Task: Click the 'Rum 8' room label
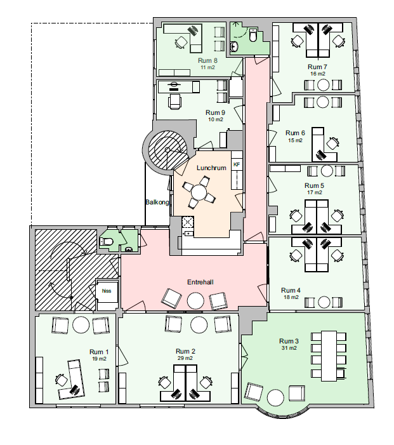coord(207,61)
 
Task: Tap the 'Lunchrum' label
coord(211,168)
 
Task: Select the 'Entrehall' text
coord(200,282)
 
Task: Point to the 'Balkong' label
coord(157,203)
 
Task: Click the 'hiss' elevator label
coord(107,291)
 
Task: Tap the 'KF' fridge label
coord(237,164)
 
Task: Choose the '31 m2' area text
coord(289,348)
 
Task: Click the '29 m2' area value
coord(185,358)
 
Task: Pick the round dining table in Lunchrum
coord(199,193)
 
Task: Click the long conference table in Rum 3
coord(329,356)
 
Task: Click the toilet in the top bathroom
coord(253,35)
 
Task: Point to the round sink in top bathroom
coord(234,46)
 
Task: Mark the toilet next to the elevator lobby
coord(107,241)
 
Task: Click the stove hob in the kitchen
coord(188,222)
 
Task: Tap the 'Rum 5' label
coord(314,185)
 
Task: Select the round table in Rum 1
coord(81,325)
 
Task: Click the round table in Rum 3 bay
coord(275,397)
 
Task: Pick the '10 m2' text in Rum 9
coord(216,119)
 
